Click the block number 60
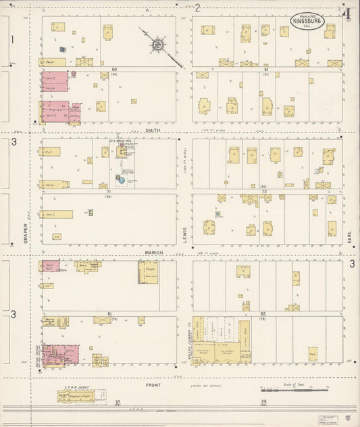tap(114, 69)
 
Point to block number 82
tap(263, 314)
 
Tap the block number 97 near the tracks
tap(117, 401)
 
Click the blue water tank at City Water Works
tap(122, 179)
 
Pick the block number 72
tap(264, 192)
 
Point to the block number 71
tap(108, 192)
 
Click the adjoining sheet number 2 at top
tap(198, 7)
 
